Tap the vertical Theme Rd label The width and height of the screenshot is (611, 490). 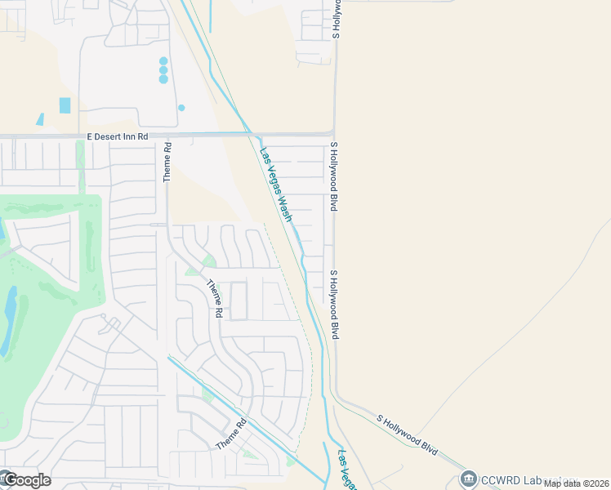(167, 162)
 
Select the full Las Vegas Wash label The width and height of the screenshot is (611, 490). (276, 185)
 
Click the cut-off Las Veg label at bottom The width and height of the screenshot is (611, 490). (346, 470)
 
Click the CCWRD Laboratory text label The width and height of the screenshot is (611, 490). (523, 479)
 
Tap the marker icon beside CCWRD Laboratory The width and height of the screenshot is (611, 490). (469, 479)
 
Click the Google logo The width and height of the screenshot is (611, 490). (26, 480)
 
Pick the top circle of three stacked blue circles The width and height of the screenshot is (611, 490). (163, 61)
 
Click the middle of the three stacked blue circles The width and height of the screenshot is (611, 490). (163, 70)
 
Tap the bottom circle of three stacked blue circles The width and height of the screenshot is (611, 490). (163, 79)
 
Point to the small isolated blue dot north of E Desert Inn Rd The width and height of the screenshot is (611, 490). (181, 107)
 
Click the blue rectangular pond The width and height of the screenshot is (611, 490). (65, 105)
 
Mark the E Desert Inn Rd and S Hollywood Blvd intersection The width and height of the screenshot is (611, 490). (333, 133)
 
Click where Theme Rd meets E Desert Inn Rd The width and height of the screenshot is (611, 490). (167, 136)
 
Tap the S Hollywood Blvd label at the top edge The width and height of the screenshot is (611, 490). (336, 18)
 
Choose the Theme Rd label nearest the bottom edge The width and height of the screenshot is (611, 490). (231, 434)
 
